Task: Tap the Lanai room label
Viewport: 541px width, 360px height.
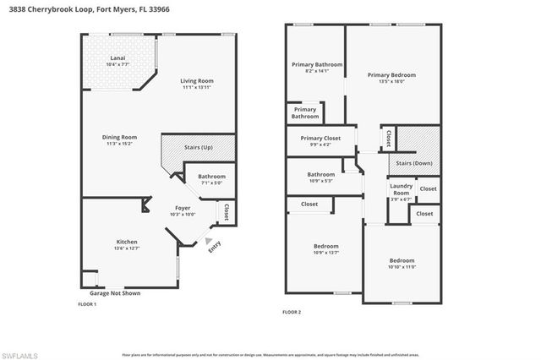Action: point(117,58)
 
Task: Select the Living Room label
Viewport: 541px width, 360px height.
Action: point(195,82)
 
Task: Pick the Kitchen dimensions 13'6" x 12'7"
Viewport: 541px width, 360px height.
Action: point(128,248)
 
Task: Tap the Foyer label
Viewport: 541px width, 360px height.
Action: point(183,207)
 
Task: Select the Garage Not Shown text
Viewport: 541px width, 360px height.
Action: point(112,293)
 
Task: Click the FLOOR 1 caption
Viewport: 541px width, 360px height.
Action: point(87,304)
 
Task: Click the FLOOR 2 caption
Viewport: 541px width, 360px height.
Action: point(292,312)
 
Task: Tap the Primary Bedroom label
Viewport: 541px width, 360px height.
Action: point(391,74)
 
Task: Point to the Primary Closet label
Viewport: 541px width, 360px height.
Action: point(320,138)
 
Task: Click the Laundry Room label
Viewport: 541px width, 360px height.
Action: point(401,190)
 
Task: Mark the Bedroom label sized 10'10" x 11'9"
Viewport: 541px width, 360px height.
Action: point(402,260)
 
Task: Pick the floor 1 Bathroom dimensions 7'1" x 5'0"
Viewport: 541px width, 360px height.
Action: point(211,183)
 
